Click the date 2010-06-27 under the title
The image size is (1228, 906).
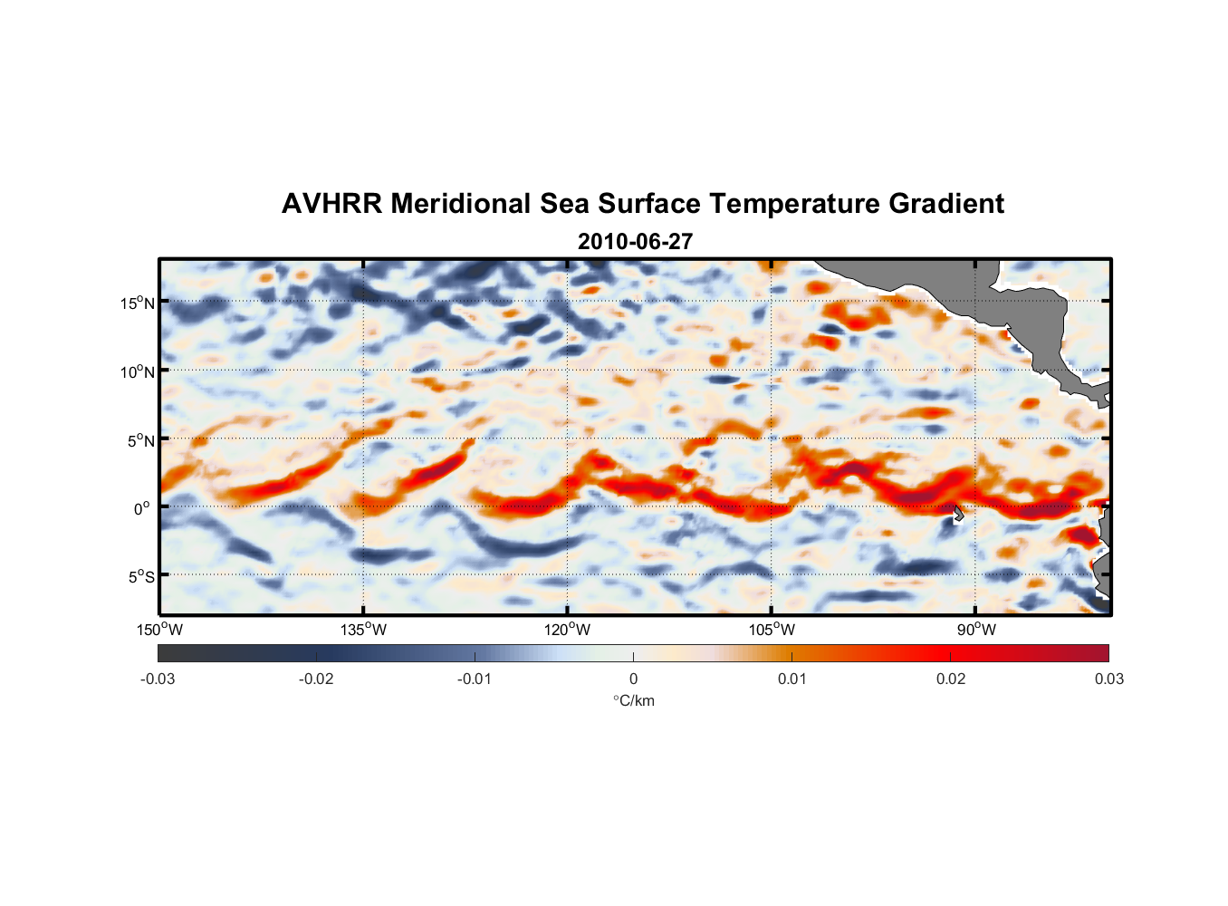[x=635, y=242]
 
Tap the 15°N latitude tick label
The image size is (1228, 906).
[x=138, y=303]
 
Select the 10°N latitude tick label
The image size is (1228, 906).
[x=138, y=371]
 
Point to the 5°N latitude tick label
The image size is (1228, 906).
[x=140, y=440]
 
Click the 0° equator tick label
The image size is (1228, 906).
[x=142, y=508]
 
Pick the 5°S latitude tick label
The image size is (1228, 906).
[x=140, y=576]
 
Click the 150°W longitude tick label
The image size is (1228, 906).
[x=160, y=630]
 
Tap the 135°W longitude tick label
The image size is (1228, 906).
[x=364, y=630]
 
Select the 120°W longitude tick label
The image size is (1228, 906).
[x=568, y=630]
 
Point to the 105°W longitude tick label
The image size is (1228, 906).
[x=772, y=630]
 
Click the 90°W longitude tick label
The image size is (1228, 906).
[x=976, y=630]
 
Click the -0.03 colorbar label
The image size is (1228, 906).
[x=158, y=679]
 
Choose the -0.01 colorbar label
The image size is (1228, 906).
[x=475, y=679]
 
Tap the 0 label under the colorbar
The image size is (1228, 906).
[x=633, y=679]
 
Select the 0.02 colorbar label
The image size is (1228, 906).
[x=951, y=679]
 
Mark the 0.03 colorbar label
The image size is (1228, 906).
[x=1108, y=679]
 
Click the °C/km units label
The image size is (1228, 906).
[x=633, y=700]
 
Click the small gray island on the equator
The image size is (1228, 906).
[x=958, y=514]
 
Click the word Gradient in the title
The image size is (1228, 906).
[x=946, y=204]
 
